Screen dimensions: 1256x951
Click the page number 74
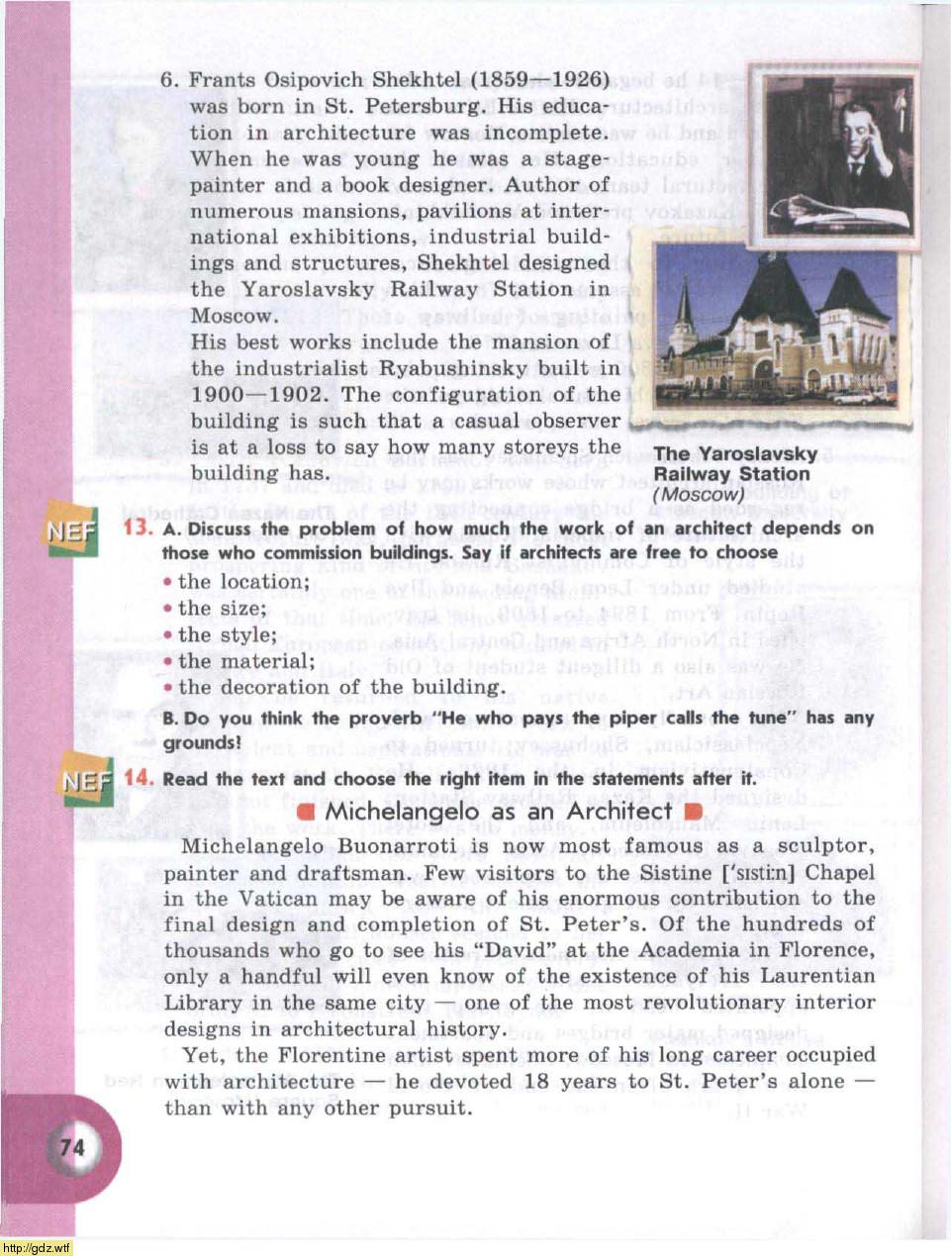pyautogui.click(x=73, y=1147)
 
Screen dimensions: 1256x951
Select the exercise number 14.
pyautogui.click(x=139, y=778)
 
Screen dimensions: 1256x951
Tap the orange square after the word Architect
pyautogui.click(x=692, y=813)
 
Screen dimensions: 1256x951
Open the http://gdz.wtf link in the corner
pyautogui.click(x=36, y=1248)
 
